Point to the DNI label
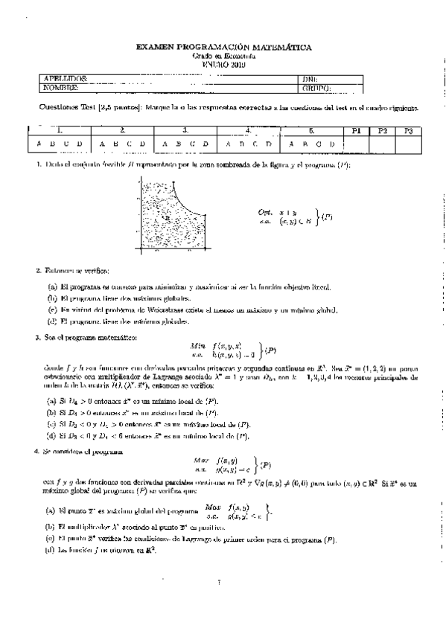pyautogui.click(x=310, y=78)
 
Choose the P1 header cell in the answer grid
pyautogui.click(x=356, y=131)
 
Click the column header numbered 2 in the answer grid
pyautogui.click(x=121, y=131)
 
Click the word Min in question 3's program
pyautogui.click(x=197, y=346)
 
